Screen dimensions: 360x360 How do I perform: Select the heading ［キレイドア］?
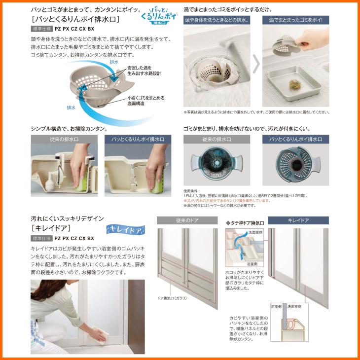[51, 228]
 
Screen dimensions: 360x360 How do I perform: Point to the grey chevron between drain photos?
[256, 64]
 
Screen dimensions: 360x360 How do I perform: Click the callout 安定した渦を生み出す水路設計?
[144, 70]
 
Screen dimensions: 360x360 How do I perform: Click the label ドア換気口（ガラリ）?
[172, 298]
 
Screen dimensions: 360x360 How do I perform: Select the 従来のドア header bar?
[187, 220]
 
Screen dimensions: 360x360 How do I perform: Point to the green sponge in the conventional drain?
[81, 183]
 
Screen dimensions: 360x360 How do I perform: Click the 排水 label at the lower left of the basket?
[71, 107]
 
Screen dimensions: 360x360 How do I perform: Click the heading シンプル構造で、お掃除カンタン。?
[69, 129]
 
